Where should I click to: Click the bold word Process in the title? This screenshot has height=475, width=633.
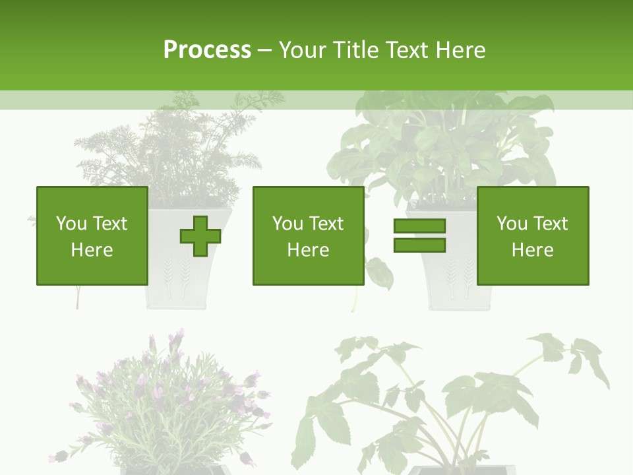click(207, 50)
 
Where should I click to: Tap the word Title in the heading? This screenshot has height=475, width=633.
click(357, 50)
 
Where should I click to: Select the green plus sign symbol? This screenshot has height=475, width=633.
click(200, 236)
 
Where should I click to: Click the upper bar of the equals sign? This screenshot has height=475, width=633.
click(419, 226)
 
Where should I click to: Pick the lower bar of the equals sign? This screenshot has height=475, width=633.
click(419, 245)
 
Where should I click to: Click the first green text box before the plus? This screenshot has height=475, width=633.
click(92, 236)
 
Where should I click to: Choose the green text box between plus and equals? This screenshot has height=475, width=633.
click(308, 236)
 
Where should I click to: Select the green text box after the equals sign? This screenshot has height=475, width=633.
click(532, 236)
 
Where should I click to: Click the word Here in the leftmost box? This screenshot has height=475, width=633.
click(92, 250)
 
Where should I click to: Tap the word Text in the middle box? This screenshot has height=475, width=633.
click(326, 224)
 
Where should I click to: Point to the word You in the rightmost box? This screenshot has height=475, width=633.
click(512, 224)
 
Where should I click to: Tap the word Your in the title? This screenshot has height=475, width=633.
click(303, 50)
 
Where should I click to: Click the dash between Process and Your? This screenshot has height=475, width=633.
click(265, 50)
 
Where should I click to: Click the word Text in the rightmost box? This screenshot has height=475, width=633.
click(551, 224)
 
